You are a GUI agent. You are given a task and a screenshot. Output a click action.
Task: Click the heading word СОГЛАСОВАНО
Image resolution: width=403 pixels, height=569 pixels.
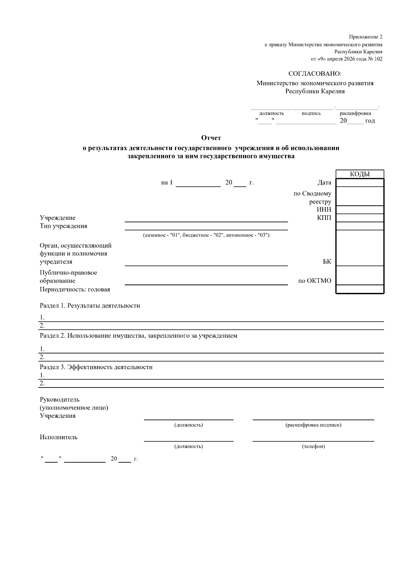tap(315, 74)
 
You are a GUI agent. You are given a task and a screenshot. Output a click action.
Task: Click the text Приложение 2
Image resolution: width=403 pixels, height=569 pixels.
tap(365, 37)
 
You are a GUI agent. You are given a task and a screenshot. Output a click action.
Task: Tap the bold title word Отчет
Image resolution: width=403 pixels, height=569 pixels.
tap(211, 138)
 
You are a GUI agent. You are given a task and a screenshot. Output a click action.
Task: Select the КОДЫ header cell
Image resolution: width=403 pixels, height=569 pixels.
tap(360, 174)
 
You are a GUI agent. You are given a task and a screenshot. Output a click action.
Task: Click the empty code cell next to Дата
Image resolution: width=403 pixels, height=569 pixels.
tap(360, 183)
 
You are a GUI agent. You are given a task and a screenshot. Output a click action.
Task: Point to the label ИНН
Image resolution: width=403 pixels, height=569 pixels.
tap(324, 210)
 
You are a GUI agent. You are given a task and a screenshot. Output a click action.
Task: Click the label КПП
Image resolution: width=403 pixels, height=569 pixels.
tap(324, 218)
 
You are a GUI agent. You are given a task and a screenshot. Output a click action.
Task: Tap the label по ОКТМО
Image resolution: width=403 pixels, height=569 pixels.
tap(315, 281)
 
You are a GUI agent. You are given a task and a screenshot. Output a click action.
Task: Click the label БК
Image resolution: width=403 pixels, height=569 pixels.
tap(327, 262)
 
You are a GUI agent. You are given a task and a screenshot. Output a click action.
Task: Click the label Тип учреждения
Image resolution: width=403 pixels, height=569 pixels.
tap(63, 226)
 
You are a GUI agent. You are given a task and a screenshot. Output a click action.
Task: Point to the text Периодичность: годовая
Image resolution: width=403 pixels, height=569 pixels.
tap(75, 289)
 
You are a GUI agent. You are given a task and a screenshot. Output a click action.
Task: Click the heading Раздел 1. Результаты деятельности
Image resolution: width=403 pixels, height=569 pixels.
tap(90, 306)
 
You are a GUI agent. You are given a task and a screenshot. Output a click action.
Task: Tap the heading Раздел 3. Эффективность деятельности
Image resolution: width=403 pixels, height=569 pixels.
tap(96, 367)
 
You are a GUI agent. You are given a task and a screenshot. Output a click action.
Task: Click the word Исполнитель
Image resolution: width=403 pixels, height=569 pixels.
tap(58, 437)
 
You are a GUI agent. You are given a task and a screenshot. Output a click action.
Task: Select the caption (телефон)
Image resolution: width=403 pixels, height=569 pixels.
tap(313, 447)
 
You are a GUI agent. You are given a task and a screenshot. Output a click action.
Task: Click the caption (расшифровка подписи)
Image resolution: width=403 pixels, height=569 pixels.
tap(313, 425)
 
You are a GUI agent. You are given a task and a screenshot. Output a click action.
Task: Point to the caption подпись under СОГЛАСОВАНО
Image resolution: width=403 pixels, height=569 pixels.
tap(311, 113)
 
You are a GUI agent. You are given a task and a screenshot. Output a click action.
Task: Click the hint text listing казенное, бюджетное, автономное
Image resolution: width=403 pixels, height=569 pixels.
tap(206, 235)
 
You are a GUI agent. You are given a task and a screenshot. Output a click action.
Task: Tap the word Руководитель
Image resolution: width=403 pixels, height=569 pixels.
tap(59, 400)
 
